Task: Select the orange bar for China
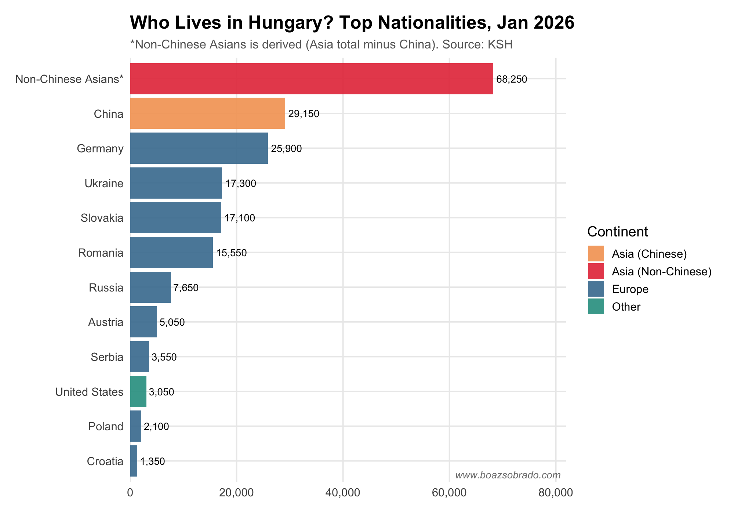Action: click(207, 113)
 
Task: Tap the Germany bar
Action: click(199, 148)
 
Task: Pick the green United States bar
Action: click(138, 391)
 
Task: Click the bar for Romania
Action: click(171, 253)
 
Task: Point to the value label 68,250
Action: click(511, 79)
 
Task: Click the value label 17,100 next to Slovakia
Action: click(240, 218)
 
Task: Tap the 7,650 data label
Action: click(186, 288)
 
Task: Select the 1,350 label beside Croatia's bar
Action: click(153, 461)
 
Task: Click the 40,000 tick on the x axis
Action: click(343, 493)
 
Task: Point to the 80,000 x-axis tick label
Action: click(555, 493)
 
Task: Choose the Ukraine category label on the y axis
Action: click(104, 183)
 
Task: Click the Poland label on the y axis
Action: click(106, 427)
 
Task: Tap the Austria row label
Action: click(106, 322)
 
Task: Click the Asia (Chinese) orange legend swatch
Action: click(596, 254)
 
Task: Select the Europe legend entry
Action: click(630, 289)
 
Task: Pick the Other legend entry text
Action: click(626, 307)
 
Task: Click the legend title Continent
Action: click(617, 232)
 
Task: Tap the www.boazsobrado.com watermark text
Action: click(508, 475)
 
